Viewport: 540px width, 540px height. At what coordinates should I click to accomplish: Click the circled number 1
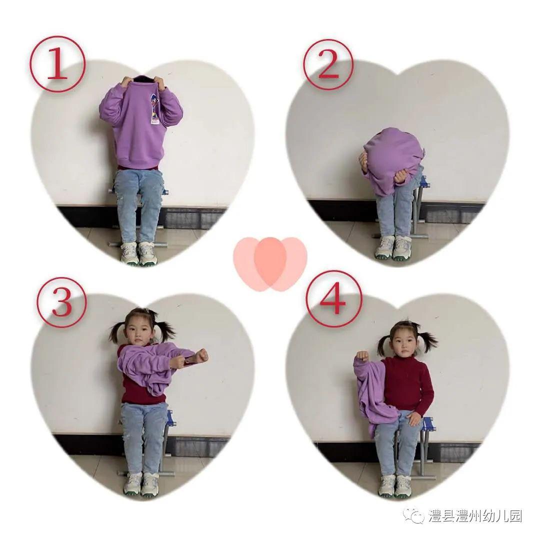(57, 64)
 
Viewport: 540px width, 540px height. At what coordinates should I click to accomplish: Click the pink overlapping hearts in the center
(270, 263)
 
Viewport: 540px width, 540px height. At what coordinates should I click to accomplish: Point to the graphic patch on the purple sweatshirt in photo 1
(154, 110)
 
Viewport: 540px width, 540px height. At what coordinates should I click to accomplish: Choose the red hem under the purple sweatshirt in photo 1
(138, 167)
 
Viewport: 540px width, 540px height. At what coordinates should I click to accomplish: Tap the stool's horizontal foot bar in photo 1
(138, 244)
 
